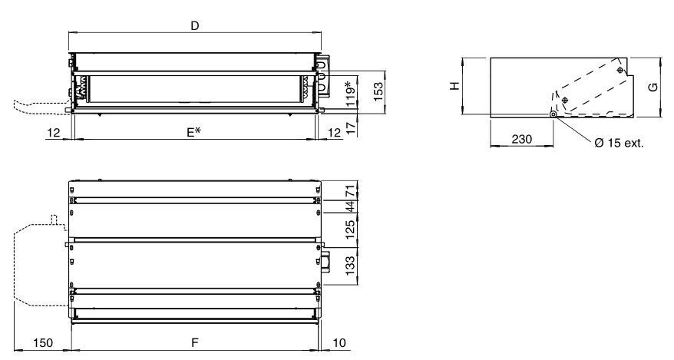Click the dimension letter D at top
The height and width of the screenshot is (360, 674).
coord(195,26)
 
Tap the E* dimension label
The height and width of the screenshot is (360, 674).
coord(194,132)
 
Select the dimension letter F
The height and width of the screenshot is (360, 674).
coord(195,342)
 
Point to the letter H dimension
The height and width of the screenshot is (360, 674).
coord(454,86)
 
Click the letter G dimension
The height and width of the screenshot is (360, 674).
coord(653,87)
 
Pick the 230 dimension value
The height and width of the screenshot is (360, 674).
coord(521,139)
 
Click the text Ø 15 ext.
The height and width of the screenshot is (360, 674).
coord(619,143)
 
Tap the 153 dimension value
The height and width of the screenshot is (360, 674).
coord(378,91)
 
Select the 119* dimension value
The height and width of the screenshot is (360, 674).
coord(351,94)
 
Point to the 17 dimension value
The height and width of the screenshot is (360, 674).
coord(351,128)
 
